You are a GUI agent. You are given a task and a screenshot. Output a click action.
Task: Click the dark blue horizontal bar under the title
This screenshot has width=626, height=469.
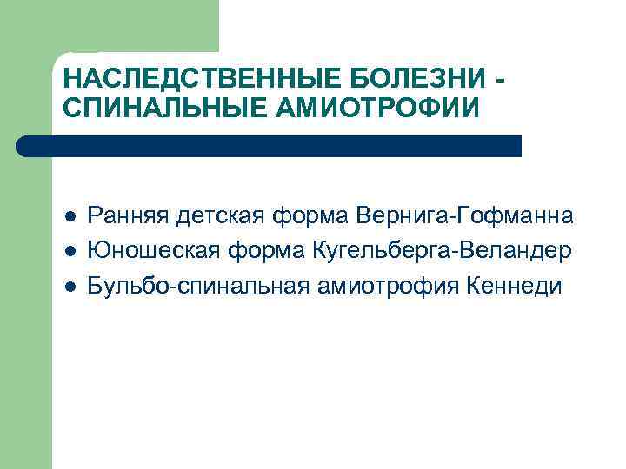coord(270,146)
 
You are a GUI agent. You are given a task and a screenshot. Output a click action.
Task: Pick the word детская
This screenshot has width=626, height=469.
coord(215,216)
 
